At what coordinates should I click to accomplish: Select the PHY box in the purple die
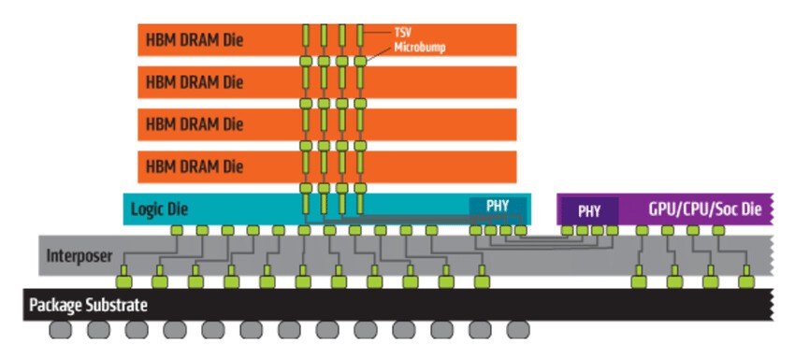(x=588, y=210)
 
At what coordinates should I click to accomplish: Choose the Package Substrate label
(x=88, y=305)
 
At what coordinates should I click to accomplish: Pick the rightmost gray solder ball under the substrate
(x=517, y=330)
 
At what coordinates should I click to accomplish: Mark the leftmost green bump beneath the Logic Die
(x=175, y=230)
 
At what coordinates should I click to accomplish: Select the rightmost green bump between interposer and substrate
(x=745, y=280)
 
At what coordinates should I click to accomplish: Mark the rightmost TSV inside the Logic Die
(x=360, y=204)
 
